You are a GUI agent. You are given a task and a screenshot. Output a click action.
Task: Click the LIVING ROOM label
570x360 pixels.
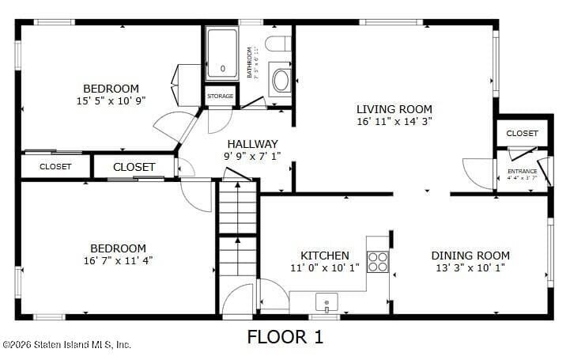394,109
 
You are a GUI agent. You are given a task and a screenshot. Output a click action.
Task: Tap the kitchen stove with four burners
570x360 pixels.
378,261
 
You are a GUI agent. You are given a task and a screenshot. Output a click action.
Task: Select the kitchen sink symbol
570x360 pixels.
325,301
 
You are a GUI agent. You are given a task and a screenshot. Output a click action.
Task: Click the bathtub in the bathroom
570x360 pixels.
222,54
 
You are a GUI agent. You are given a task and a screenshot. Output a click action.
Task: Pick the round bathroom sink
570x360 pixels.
281,80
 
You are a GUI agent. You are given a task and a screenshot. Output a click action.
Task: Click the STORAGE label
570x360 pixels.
221,97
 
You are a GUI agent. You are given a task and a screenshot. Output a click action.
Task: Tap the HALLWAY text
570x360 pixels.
252,144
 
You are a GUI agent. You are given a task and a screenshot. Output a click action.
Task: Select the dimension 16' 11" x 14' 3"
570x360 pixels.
394,122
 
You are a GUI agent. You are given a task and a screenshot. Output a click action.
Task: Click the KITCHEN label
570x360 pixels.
324,256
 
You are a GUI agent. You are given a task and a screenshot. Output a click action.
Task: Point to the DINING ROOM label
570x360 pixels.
470,256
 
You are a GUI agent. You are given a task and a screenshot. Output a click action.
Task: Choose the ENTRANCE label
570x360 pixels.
522,171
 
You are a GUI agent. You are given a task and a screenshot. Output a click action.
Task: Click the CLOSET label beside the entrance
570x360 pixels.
522,133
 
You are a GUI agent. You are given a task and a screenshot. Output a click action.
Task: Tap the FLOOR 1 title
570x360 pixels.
285,337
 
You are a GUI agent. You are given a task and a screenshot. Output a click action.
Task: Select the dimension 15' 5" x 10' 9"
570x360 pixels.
111,100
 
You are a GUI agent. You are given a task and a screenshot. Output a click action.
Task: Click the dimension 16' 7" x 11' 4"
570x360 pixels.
117,260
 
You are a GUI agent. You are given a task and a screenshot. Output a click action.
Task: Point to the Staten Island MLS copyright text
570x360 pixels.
66,344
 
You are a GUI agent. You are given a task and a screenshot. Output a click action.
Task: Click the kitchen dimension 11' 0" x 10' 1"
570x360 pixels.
324,268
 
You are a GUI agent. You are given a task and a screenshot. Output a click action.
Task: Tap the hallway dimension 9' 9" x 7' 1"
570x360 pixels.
252,157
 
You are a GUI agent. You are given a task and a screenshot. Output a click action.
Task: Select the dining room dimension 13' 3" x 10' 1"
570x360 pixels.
470,268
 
